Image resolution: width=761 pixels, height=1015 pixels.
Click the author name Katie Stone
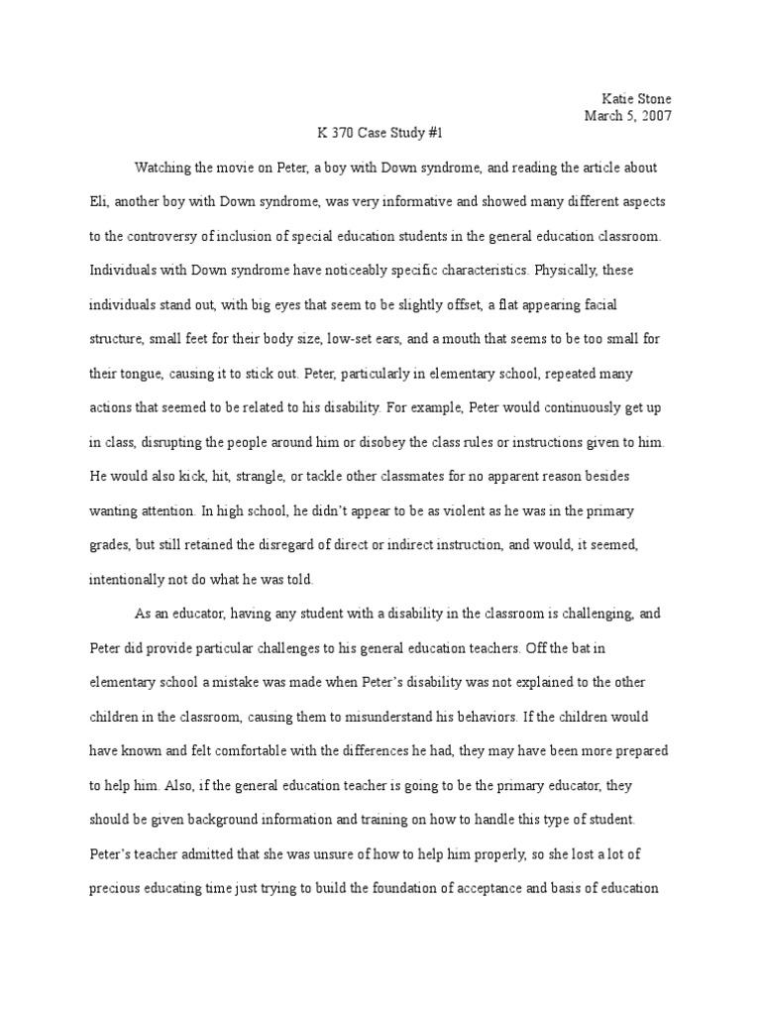coord(637,99)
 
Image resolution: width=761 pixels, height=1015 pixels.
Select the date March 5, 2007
coord(628,115)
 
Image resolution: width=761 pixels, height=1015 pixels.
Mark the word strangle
coord(231,477)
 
